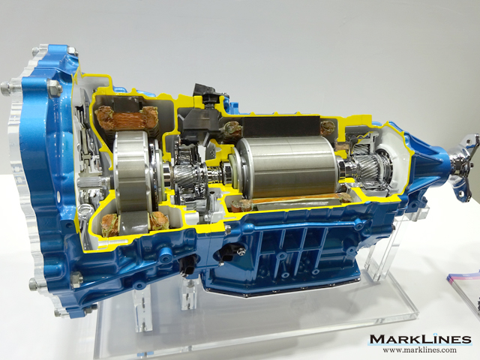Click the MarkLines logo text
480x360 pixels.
421,340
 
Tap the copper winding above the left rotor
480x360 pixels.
126,118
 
